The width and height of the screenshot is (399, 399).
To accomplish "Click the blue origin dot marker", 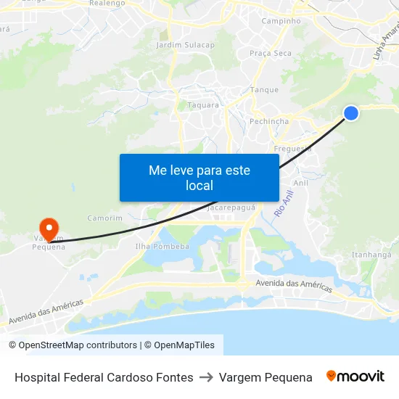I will (350, 112).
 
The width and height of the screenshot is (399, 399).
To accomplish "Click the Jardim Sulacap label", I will (185, 45).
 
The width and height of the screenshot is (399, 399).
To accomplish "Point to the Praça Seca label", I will (270, 53).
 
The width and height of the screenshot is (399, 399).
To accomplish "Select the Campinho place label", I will (281, 21).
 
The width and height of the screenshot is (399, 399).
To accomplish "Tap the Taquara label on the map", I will (203, 104).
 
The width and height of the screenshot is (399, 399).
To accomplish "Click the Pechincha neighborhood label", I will (268, 121).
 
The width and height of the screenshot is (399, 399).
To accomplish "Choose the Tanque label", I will (264, 90).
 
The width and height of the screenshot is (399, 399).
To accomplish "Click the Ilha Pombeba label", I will (163, 246).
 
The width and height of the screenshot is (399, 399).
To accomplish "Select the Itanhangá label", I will (371, 255).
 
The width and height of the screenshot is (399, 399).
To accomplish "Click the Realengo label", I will (108, 4).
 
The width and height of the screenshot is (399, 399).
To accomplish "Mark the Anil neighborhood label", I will (301, 183).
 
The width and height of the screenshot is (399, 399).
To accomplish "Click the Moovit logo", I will (355, 377).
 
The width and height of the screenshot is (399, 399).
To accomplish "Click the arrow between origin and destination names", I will (206, 377).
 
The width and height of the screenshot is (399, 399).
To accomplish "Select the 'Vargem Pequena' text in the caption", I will (266, 377).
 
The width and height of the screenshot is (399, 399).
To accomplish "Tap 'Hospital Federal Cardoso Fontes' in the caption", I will (104, 377).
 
